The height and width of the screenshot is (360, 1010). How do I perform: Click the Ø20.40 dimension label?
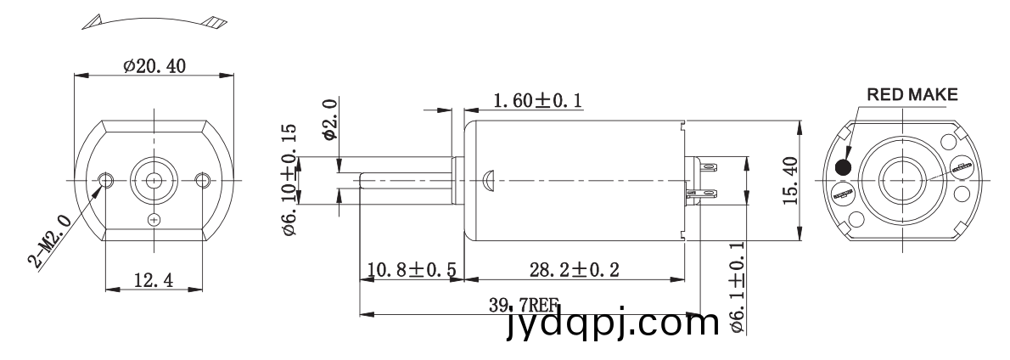click(154, 66)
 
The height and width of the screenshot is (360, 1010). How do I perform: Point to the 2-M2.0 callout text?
click(49, 240)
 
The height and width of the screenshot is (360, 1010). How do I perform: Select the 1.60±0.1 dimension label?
click(538, 101)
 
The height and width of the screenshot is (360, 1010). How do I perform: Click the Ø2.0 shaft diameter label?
click(329, 120)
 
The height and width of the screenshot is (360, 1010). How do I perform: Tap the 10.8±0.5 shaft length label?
click(412, 269)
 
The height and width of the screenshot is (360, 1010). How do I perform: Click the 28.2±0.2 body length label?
click(575, 269)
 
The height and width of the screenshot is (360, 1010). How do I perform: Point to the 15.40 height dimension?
click(792, 181)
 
